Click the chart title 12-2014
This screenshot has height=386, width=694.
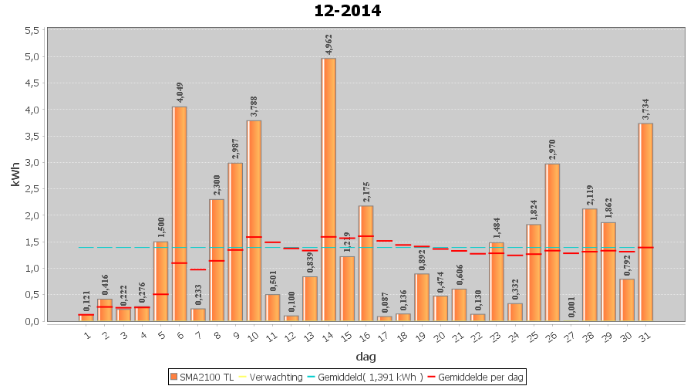click(347, 11)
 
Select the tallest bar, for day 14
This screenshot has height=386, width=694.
click(328, 189)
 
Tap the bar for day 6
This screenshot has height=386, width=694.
click(180, 214)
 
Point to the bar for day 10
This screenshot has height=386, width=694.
click(254, 221)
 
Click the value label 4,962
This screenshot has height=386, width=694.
click(328, 46)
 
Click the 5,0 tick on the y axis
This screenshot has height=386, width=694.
click(32, 57)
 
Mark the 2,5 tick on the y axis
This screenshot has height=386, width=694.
click(32, 189)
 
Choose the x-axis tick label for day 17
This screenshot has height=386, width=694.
click(385, 337)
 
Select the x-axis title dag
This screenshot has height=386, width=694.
click(366, 357)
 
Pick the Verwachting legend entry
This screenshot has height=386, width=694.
click(273, 377)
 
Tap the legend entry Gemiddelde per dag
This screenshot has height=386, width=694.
click(479, 377)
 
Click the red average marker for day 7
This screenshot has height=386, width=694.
click(198, 269)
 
